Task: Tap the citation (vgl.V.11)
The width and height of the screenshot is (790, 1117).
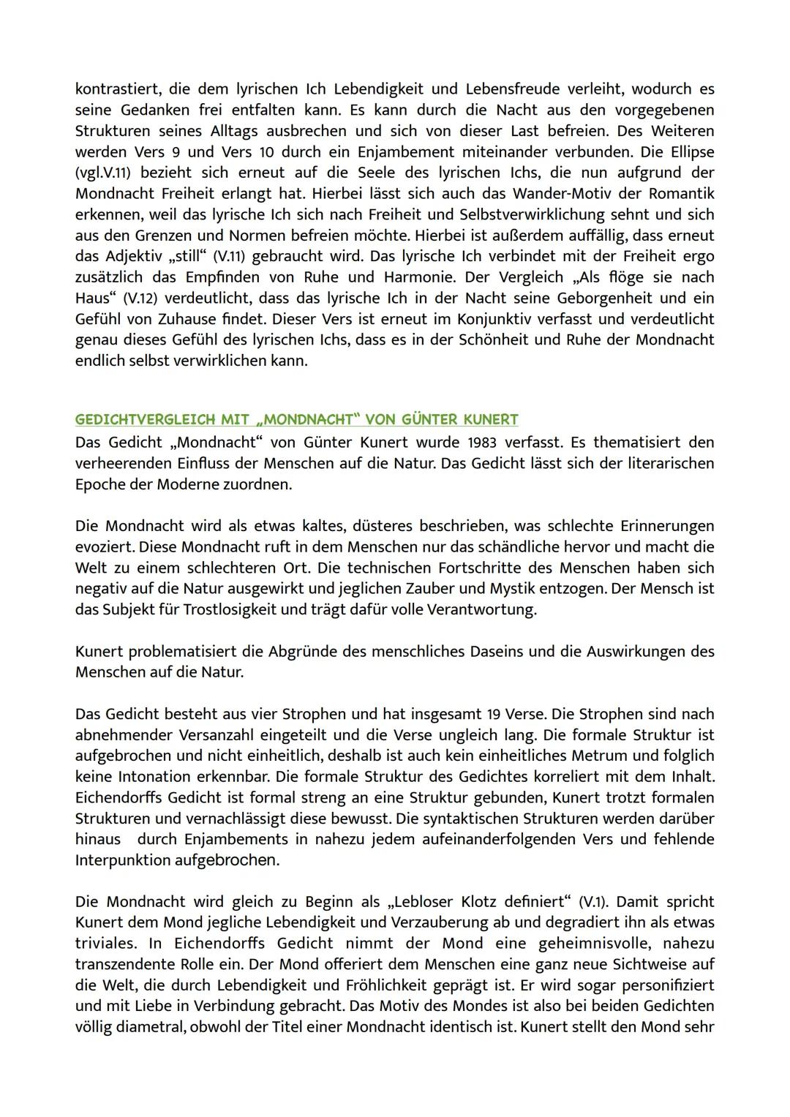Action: (x=107, y=173)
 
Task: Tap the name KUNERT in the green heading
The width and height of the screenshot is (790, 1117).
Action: (x=490, y=420)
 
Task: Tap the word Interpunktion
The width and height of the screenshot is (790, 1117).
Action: (x=122, y=860)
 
